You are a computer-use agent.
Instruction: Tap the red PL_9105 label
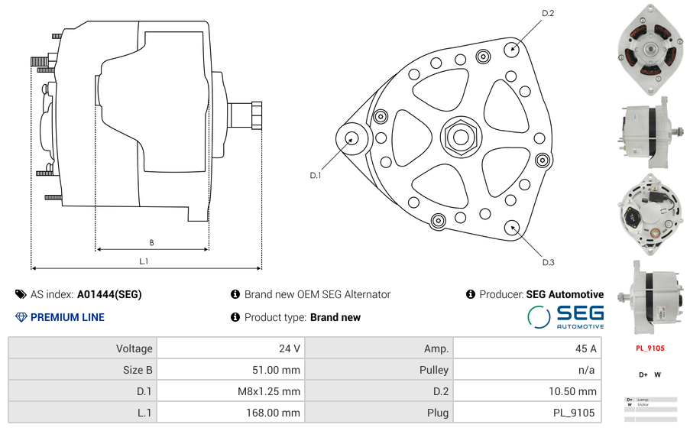coord(650,348)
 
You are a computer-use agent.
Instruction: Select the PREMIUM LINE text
coord(67,317)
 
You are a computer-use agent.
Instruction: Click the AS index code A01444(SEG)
coord(109,294)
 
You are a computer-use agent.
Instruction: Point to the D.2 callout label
coord(548,14)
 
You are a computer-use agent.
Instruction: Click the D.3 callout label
coord(548,262)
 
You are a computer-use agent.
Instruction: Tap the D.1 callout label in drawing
coord(316,176)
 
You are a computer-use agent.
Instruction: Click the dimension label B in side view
coord(151,243)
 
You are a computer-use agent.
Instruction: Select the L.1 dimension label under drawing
coord(144,261)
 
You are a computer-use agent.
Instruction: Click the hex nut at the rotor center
coord(461,138)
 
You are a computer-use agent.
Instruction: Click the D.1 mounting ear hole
coord(352,138)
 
